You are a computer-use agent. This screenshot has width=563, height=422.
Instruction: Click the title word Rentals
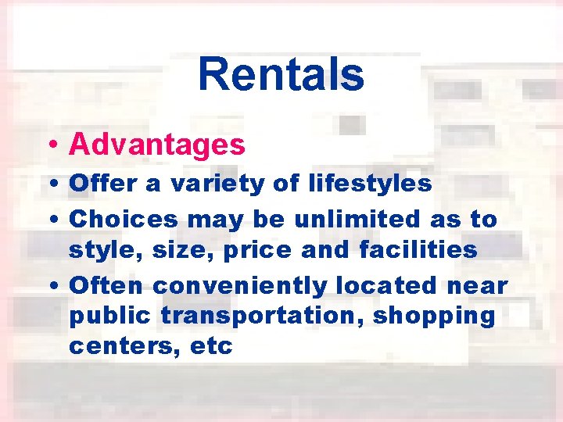pyautogui.click(x=281, y=74)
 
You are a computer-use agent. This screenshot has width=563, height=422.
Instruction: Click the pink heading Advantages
pyautogui.click(x=157, y=144)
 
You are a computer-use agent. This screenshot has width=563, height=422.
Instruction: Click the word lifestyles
pyautogui.click(x=369, y=184)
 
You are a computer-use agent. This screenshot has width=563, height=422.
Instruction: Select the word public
pyautogui.click(x=110, y=316)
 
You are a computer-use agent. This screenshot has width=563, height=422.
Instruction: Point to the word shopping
pyautogui.click(x=434, y=316)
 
